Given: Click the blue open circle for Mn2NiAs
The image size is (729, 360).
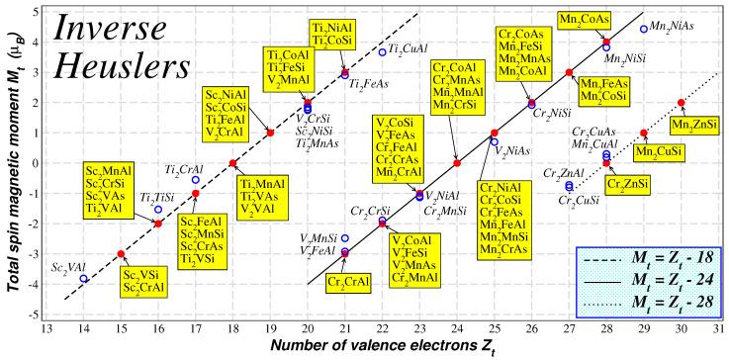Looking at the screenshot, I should (x=644, y=29).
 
